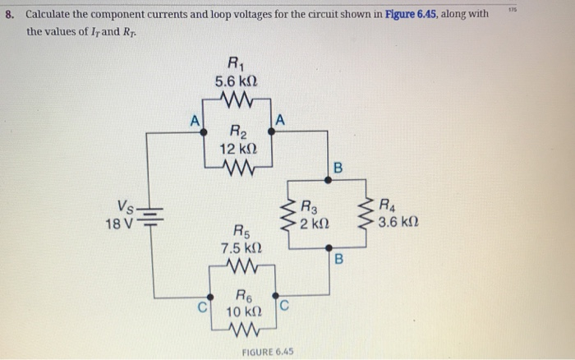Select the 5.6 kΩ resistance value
(236, 82)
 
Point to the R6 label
(245, 297)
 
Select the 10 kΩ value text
(245, 313)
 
